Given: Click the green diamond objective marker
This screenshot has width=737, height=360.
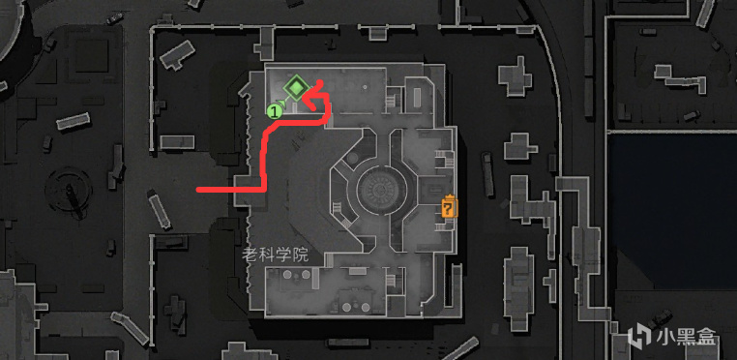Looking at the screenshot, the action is click(x=296, y=87).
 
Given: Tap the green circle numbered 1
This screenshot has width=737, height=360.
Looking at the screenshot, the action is click(x=274, y=111).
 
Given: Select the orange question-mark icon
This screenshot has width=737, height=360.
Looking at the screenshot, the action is click(x=450, y=206).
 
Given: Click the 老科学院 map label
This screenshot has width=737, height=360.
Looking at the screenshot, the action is click(x=275, y=255).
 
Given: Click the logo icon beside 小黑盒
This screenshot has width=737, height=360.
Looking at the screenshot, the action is click(x=638, y=336).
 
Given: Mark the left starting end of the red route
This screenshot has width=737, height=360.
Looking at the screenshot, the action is click(x=198, y=190).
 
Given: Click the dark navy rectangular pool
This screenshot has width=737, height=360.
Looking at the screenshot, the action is click(x=672, y=212).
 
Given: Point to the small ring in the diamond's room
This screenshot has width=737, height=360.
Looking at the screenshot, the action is click(x=364, y=87).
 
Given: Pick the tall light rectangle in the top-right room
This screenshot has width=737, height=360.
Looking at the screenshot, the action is click(x=418, y=98).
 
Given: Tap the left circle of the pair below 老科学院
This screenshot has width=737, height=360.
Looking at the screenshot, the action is click(x=287, y=274).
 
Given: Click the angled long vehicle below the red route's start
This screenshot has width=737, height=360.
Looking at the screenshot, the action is click(x=160, y=209).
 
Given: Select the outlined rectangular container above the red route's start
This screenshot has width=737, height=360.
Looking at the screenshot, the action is click(x=177, y=142).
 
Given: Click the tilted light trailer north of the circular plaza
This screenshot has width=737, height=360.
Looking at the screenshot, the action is click(x=74, y=121).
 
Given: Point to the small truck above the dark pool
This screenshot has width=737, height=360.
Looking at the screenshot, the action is click(x=692, y=115).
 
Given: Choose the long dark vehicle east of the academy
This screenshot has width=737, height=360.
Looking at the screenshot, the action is click(x=488, y=174).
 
